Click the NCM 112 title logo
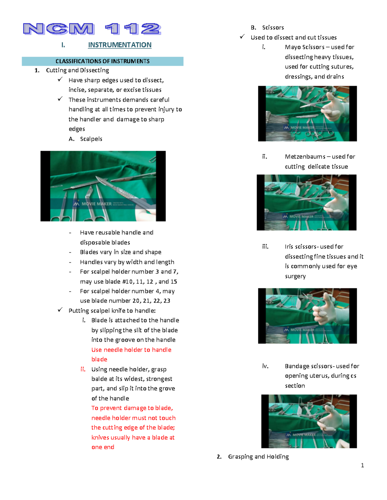pyautogui.click(x=92, y=29)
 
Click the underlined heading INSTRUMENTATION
pyautogui.click(x=120, y=45)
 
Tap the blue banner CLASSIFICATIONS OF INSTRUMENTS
pyautogui.click(x=103, y=61)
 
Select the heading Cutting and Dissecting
pyautogui.click(x=77, y=70)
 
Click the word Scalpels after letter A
pyautogui.click(x=91, y=139)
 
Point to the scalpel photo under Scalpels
pyautogui.click(x=103, y=186)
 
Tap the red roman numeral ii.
pyautogui.click(x=83, y=369)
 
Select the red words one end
pyautogui.click(x=103, y=447)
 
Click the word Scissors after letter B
pyautogui.click(x=273, y=28)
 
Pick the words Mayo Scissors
pyautogui.click(x=304, y=47)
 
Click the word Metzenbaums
pyautogui.click(x=305, y=156)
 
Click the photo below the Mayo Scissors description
pyautogui.click(x=307, y=114)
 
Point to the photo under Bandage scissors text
pyautogui.click(x=309, y=421)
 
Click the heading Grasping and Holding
pyautogui.click(x=258, y=457)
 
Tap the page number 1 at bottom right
pyautogui.click(x=362, y=465)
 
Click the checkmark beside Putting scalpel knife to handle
pyautogui.click(x=60, y=310)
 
